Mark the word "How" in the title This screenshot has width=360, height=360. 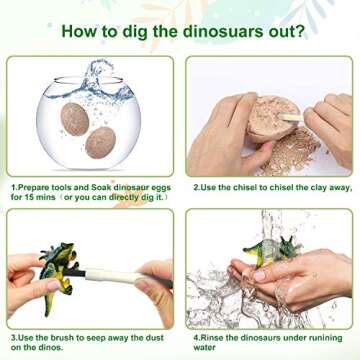click(x=81, y=31)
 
